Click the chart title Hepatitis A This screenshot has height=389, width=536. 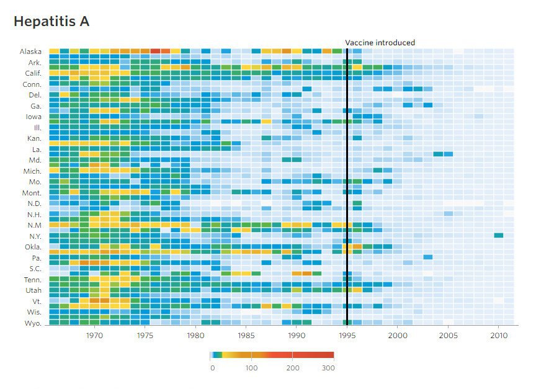51,22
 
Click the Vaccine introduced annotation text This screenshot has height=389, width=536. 380,43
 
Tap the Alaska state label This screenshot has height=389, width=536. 30,51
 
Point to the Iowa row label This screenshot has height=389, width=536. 33,116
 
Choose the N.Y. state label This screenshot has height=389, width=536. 35,236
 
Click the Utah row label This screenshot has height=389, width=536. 33,290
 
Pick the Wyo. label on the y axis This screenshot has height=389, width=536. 33,323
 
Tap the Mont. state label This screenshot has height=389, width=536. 32,193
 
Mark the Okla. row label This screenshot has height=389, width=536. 33,247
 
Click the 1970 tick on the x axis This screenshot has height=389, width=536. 94,336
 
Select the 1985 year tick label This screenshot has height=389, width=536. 246,336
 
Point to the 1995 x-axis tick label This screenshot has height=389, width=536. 347,336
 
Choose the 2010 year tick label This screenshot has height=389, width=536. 499,336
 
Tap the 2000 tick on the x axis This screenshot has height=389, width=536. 398,336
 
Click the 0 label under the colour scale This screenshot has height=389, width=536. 212,368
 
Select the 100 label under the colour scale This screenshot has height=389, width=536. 251,368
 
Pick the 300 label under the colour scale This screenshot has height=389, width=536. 329,368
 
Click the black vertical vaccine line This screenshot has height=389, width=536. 347,186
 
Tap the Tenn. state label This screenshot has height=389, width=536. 32,280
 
